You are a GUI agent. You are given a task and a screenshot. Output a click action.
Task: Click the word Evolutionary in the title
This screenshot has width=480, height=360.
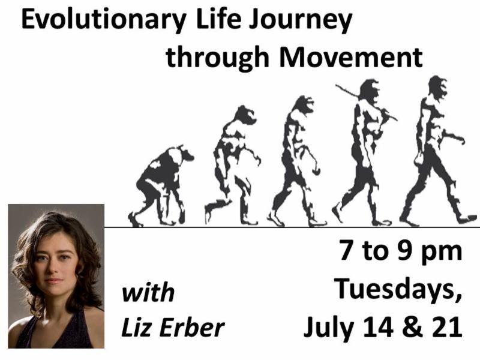point(104,20)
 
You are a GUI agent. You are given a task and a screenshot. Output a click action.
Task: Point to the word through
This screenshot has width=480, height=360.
point(217,57)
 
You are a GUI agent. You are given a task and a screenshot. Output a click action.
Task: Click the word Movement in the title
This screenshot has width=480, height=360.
point(351,57)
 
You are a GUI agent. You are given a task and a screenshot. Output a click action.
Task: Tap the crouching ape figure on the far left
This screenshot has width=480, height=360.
point(160,186)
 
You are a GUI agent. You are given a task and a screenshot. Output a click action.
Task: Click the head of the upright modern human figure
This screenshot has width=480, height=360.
point(438,87)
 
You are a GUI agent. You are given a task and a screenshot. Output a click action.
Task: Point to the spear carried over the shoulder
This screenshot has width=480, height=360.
point(366,102)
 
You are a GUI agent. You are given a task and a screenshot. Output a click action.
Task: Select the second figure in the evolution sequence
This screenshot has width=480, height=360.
point(233,166)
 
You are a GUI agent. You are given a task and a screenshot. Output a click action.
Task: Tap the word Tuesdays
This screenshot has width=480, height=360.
point(398,289)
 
